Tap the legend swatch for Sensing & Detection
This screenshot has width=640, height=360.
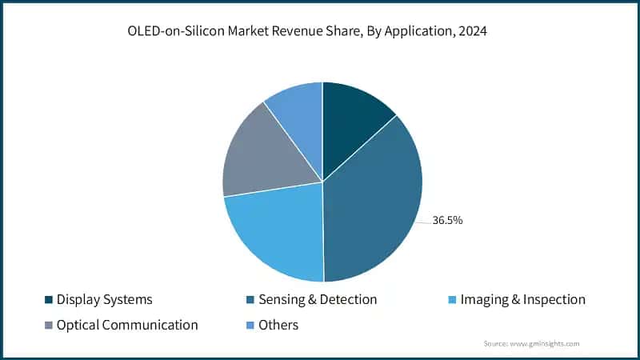(x=250, y=300)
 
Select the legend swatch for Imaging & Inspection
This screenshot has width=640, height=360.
(x=454, y=300)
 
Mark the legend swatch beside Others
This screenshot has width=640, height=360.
(x=250, y=326)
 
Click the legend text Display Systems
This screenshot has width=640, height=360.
(x=104, y=300)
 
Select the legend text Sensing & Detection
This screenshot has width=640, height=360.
(x=318, y=300)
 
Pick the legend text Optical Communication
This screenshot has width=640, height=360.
(x=127, y=326)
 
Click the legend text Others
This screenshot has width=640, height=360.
(x=278, y=326)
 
